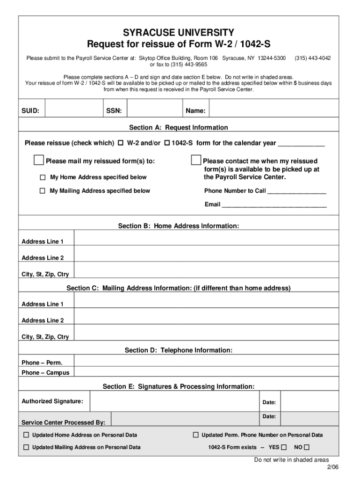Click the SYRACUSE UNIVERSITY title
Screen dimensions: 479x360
[179, 32]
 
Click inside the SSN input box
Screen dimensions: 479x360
[154, 110]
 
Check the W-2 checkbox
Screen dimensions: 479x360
[121, 143]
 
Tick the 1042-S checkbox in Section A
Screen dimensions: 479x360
[167, 143]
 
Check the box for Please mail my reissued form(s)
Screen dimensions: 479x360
[39, 161]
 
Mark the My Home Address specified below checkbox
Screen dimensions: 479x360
[43, 177]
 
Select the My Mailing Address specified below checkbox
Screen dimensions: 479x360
[43, 191]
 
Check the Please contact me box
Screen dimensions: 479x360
[196, 161]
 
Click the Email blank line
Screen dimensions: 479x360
[274, 205]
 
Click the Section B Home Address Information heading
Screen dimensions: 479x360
[179, 226]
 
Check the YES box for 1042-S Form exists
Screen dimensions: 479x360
[284, 447]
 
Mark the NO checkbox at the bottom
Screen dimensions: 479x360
[307, 447]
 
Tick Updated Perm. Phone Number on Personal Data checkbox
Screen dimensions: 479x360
[196, 435]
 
